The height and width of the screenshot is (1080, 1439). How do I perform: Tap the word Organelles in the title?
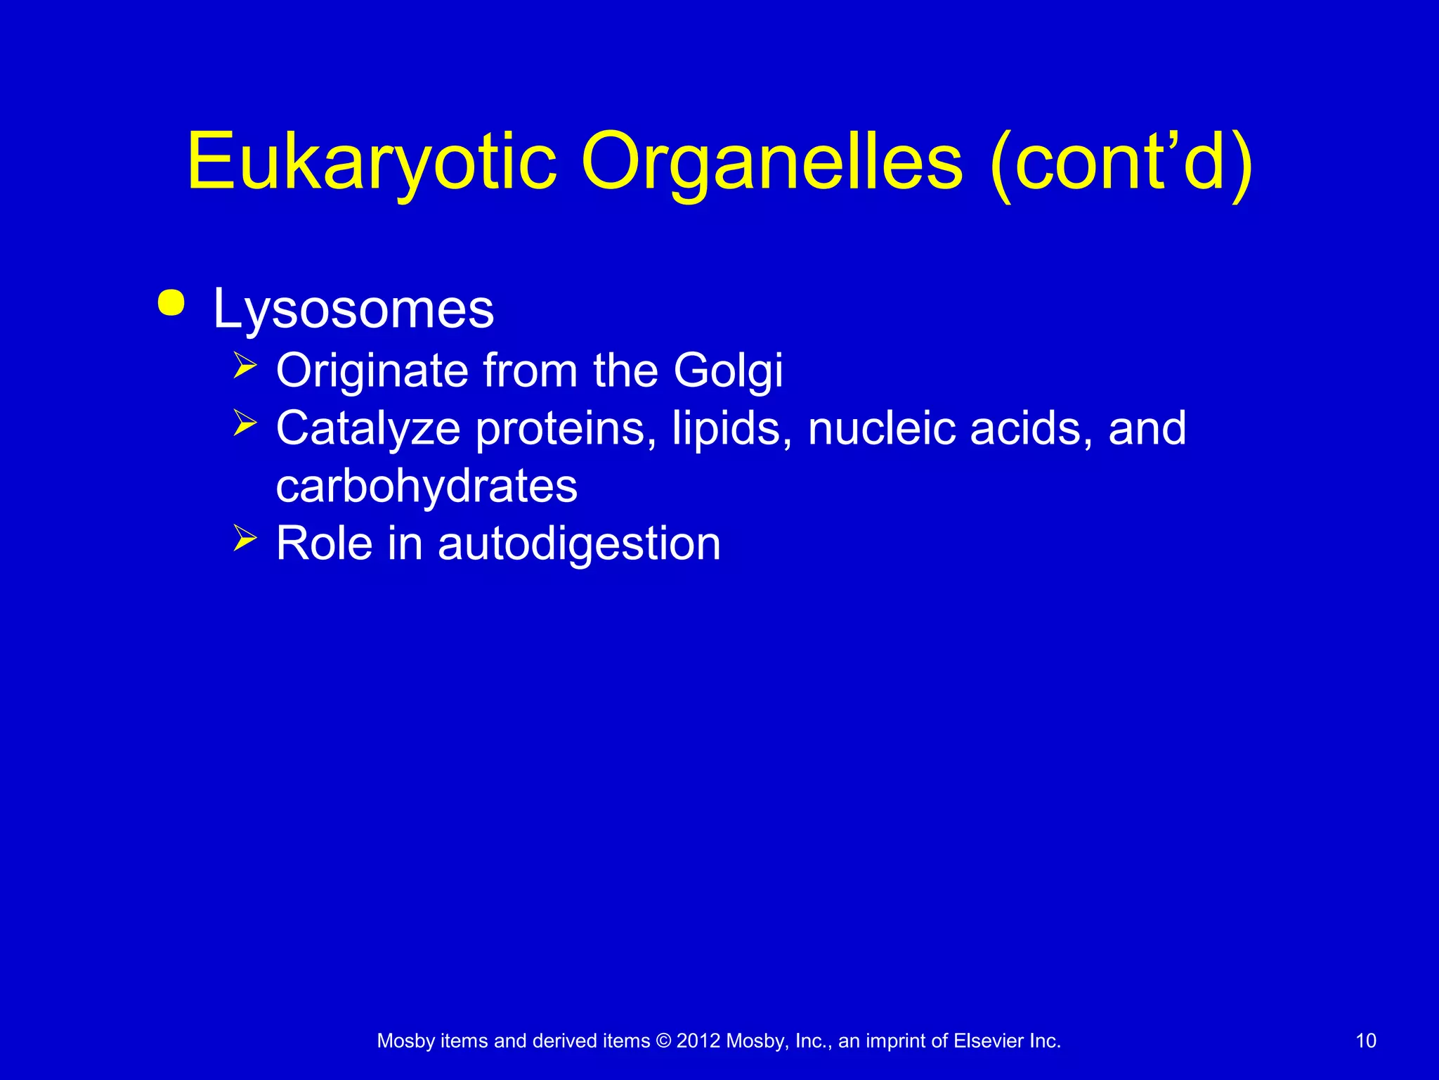(x=771, y=163)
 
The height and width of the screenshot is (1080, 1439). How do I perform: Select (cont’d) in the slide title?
(x=1120, y=163)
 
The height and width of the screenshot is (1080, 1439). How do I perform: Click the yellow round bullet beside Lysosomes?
(x=171, y=304)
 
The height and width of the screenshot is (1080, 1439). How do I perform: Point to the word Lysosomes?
(x=353, y=309)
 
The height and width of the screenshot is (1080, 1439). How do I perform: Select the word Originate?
(x=372, y=371)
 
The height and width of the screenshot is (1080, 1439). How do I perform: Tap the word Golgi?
(x=728, y=371)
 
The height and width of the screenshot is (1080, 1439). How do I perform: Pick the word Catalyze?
(x=367, y=428)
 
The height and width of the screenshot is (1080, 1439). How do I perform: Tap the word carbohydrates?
(x=427, y=486)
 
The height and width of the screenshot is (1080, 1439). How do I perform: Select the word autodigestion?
(x=579, y=544)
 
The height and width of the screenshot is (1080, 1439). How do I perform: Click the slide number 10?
(x=1365, y=1041)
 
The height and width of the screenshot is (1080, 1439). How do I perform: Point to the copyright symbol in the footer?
(x=663, y=1041)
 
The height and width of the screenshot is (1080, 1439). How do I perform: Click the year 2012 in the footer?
(x=698, y=1041)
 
